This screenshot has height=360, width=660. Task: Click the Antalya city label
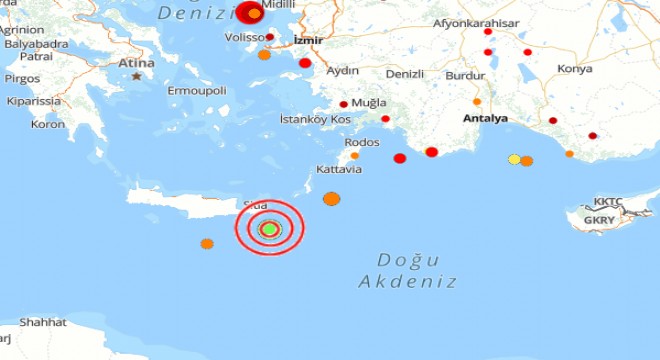[486, 118]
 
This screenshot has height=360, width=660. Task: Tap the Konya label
[575, 69]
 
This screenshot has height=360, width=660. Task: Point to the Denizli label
[406, 74]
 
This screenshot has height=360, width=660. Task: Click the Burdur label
[465, 75]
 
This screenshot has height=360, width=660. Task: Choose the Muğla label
[370, 102]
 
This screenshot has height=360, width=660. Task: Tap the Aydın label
[343, 71]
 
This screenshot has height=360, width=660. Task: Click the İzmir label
[306, 41]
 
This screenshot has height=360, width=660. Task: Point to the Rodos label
[362, 142]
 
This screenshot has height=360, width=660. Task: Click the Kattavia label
[338, 170]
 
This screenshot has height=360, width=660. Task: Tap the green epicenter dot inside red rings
[268, 229]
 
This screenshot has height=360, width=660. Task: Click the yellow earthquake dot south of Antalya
[514, 159]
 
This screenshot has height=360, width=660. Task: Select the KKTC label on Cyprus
[608, 201]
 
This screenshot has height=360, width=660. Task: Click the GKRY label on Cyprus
[600, 220]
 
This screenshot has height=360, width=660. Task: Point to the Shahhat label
[42, 322]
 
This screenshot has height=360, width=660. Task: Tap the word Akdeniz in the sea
[407, 282]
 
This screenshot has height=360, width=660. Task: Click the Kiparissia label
[34, 101]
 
